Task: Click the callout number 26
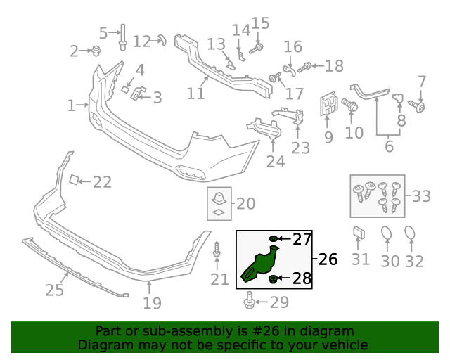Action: pyautogui.click(x=328, y=259)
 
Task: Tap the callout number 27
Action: pyautogui.click(x=302, y=239)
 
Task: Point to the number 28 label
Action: pyautogui.click(x=302, y=279)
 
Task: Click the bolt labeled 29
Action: pyautogui.click(x=250, y=303)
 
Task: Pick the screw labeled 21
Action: pyautogui.click(x=217, y=252)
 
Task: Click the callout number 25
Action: pyautogui.click(x=54, y=290)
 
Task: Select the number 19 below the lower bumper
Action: pyautogui.click(x=152, y=303)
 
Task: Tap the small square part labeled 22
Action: pyautogui.click(x=72, y=181)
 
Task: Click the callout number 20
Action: pyautogui.click(x=245, y=204)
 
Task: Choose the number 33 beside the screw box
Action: pyautogui.click(x=421, y=196)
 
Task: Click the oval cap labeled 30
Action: pyautogui.click(x=387, y=235)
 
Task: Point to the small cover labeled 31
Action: pyautogui.click(x=358, y=233)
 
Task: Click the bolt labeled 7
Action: pyautogui.click(x=419, y=106)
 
